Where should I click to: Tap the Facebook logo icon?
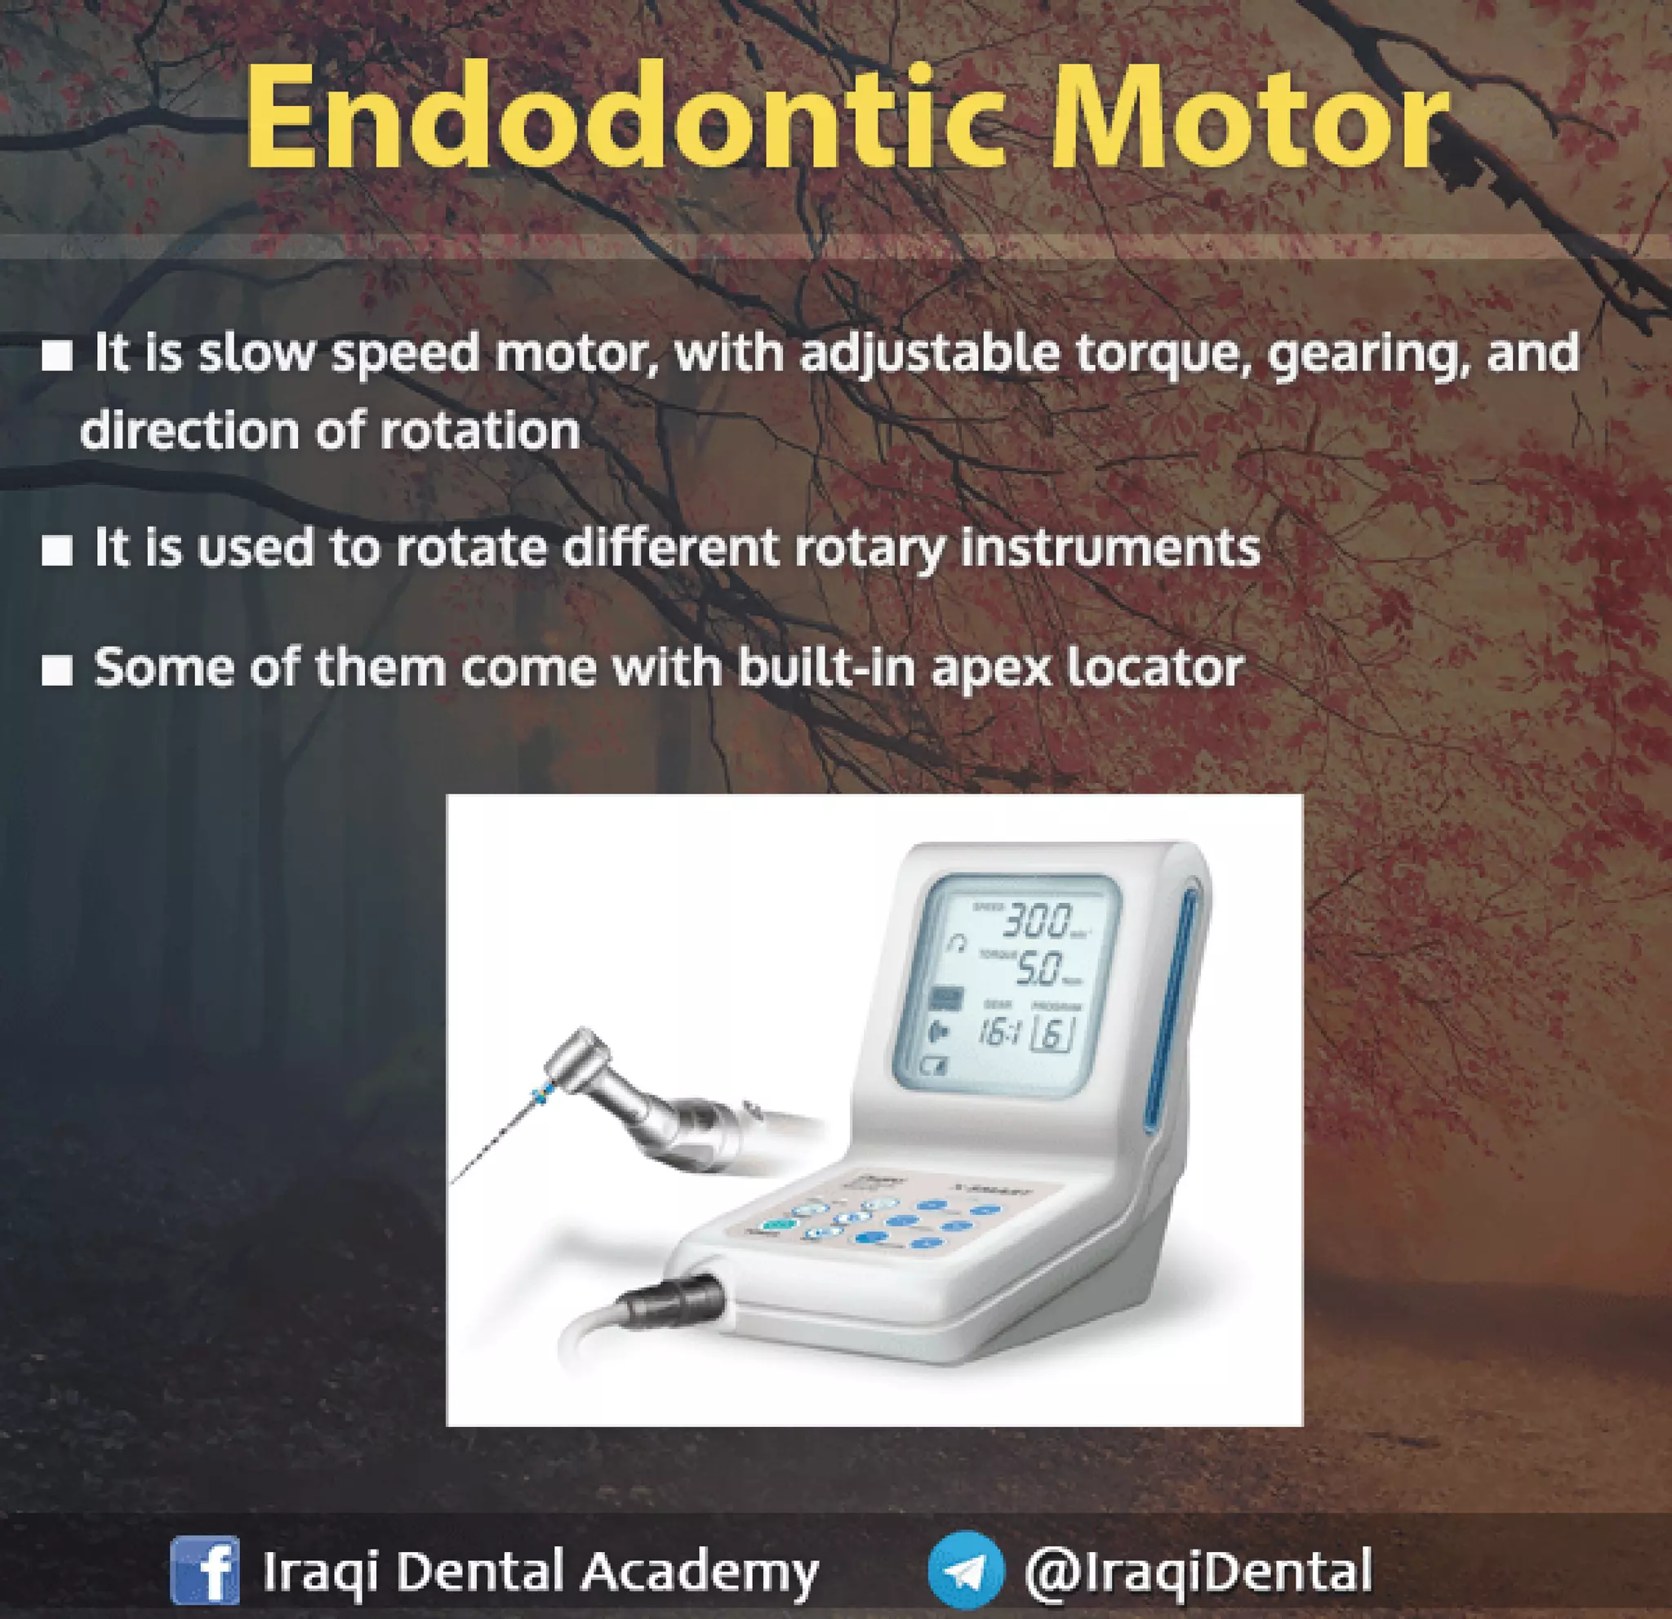point(205,1569)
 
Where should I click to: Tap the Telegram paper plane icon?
point(966,1570)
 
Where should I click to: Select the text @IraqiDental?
point(1198,1569)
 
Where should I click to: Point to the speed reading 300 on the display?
point(1036,922)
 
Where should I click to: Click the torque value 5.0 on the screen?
point(1038,970)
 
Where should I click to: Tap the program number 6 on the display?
point(1052,1034)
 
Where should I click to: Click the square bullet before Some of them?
point(57,671)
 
